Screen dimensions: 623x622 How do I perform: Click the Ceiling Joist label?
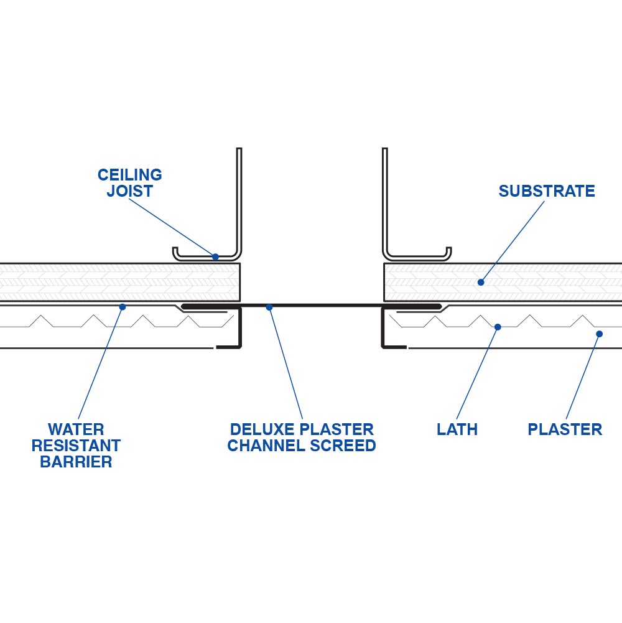130,183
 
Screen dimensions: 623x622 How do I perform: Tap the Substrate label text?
547,191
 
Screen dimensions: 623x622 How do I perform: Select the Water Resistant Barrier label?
76,446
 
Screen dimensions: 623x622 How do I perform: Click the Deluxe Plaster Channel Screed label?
302,438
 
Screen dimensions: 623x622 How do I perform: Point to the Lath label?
457,429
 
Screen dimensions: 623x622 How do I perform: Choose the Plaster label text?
565,429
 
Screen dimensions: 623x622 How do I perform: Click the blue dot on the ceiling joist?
215,256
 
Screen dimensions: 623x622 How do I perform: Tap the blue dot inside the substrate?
481,283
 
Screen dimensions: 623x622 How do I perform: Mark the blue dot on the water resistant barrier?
123,307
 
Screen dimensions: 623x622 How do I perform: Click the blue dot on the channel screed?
269,307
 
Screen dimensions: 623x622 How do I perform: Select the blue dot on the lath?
498,327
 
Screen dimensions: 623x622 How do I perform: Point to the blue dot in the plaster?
599,334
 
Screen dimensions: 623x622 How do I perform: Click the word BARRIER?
76,462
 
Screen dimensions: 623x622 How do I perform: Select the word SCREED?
346,446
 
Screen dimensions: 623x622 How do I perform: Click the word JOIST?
130,191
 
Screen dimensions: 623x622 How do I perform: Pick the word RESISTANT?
76,446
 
